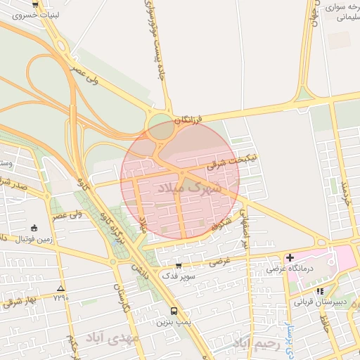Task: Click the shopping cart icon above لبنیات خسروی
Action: tap(35, 4)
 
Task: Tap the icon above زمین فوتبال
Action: tap(35, 228)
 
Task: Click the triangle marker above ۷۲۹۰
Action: tap(60, 288)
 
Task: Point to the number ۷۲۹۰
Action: tap(60, 299)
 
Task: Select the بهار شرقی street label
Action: tap(15, 302)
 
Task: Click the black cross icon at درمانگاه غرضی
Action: tap(290, 257)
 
